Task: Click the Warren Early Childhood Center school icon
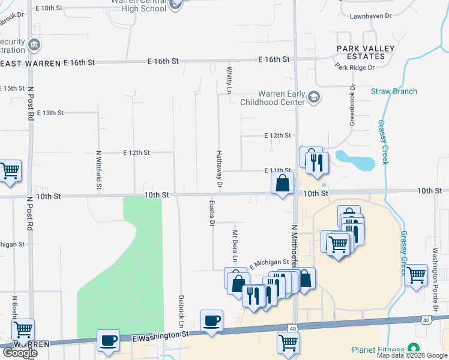click(x=313, y=97)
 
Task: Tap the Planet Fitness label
click(x=379, y=349)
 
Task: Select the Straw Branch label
click(x=394, y=92)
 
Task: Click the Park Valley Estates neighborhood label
click(x=365, y=52)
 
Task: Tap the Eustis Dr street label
click(x=212, y=212)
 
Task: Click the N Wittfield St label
click(x=99, y=170)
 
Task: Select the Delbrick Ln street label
click(x=181, y=310)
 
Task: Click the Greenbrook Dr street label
click(x=353, y=105)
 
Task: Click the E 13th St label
click(x=50, y=113)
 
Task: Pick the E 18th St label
click(x=49, y=8)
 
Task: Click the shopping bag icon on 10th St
click(x=282, y=182)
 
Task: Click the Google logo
click(x=20, y=353)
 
